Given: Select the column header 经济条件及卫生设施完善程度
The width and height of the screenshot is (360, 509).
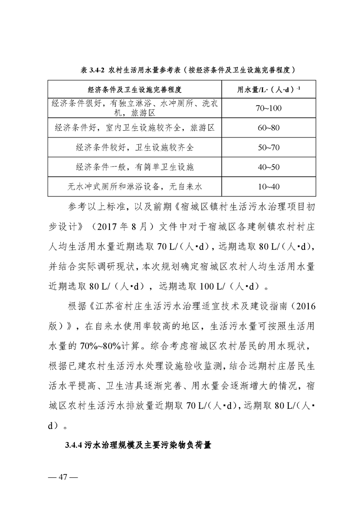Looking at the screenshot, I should pyautogui.click(x=134, y=89).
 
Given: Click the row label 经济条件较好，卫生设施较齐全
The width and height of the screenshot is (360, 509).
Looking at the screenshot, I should pyautogui.click(x=134, y=147).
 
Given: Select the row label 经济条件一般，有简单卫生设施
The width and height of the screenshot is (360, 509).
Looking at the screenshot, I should pyautogui.click(x=134, y=167).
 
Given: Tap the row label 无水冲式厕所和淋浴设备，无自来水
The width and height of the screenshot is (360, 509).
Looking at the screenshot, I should pyautogui.click(x=134, y=186).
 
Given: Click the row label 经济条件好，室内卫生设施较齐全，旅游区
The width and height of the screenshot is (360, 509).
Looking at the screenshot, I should pyautogui.click(x=134, y=127).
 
